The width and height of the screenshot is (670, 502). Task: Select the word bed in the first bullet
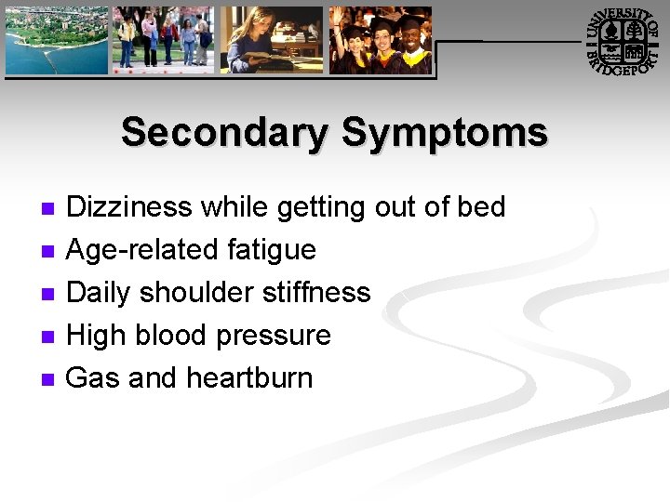[480, 206]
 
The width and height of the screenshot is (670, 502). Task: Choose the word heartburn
[249, 377]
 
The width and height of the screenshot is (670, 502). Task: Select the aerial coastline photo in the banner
[56, 40]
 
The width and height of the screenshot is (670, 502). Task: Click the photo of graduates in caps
[381, 40]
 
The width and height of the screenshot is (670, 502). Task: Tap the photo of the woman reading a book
[271, 40]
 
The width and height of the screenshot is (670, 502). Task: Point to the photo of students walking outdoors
[163, 40]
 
